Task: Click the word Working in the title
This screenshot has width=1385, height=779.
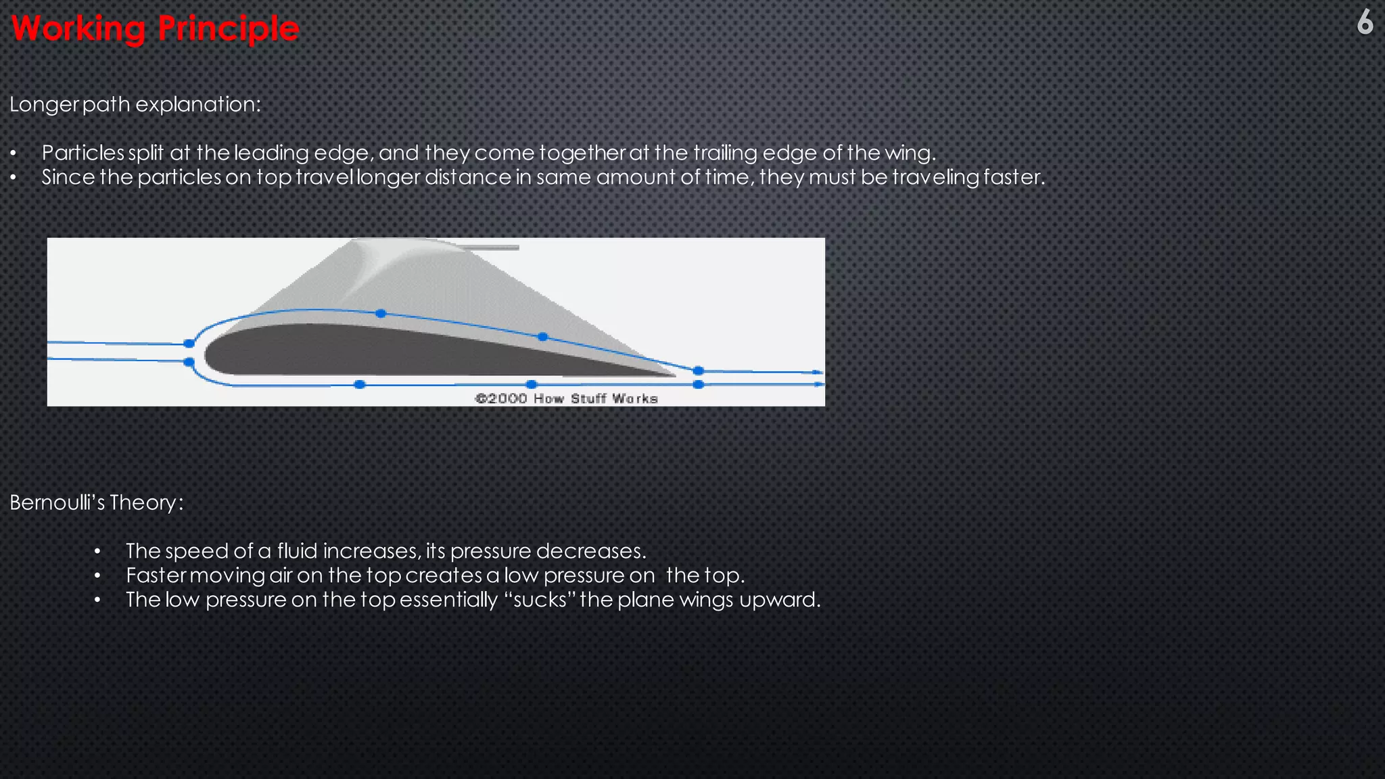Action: (78, 29)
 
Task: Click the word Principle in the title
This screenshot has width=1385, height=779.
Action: (228, 29)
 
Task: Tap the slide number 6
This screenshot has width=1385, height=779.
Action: (1365, 22)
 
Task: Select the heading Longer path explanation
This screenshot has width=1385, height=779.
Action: (135, 105)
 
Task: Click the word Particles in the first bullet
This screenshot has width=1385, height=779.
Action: (83, 153)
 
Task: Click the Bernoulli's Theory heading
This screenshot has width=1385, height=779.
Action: (96, 502)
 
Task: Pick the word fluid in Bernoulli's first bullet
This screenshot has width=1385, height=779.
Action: (297, 551)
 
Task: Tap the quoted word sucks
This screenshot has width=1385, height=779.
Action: (540, 600)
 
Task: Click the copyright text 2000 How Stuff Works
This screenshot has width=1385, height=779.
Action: (567, 398)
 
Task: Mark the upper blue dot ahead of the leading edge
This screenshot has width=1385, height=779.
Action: (189, 344)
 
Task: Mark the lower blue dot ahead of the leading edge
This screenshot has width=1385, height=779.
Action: (189, 362)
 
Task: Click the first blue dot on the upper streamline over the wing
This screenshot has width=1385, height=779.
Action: (381, 313)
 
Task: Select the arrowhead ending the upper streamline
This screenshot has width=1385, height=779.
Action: (818, 372)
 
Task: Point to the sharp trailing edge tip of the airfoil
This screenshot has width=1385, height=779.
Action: (674, 375)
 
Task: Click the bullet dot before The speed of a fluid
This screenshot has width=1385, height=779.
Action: (97, 552)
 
